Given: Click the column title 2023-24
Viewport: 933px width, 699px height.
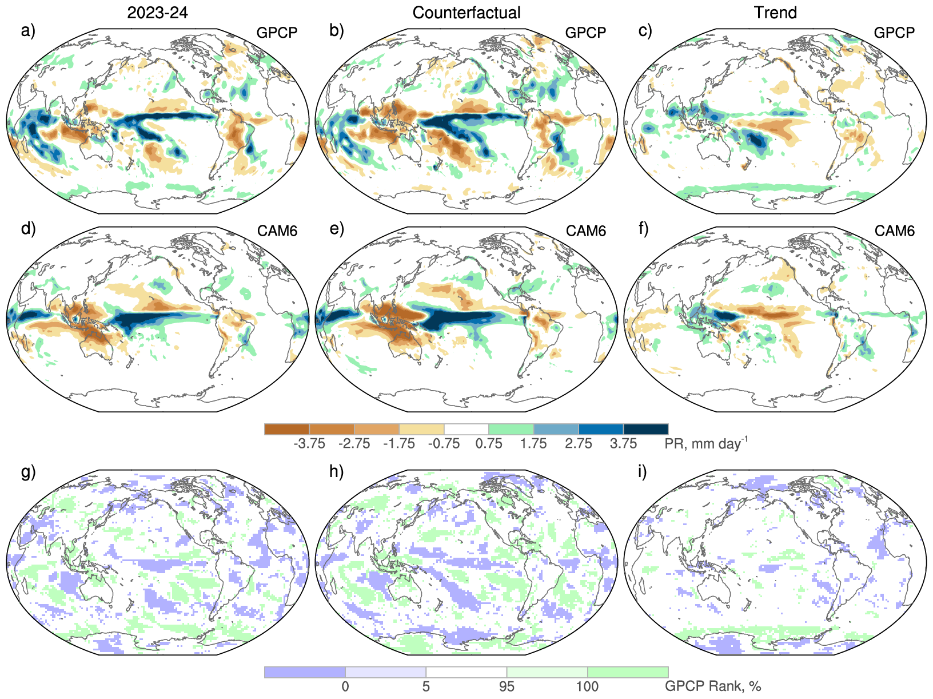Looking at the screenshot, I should click(157, 13).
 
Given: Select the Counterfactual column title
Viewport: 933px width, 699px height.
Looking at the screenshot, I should click(466, 13).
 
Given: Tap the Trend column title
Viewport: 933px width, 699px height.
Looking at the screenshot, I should click(775, 13).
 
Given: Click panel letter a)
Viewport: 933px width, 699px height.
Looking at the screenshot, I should click(28, 30).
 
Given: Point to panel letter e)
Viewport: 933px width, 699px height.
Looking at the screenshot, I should click(337, 229).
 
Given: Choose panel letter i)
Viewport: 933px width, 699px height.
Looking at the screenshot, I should click(643, 472).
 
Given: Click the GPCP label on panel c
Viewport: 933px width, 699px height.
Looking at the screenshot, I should click(894, 33).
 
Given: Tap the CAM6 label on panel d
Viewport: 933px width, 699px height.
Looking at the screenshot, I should click(277, 231).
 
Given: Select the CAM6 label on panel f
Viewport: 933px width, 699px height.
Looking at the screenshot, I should click(895, 231).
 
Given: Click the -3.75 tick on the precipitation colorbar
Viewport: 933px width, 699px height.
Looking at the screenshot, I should click(309, 444).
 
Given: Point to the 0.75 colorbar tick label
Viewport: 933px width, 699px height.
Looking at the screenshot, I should click(489, 444).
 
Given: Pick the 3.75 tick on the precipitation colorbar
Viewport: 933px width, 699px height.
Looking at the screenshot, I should click(623, 444).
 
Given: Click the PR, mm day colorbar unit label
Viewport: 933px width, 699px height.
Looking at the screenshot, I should click(705, 443).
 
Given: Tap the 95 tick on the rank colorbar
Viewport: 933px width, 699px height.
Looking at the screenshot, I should click(507, 686).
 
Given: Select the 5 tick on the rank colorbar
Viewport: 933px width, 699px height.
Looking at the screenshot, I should click(426, 686).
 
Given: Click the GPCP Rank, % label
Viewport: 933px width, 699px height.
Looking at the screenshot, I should click(712, 686).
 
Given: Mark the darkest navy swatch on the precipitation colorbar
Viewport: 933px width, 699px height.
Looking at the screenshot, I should click(645, 429).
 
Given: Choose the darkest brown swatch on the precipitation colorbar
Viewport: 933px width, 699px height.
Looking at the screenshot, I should click(287, 429).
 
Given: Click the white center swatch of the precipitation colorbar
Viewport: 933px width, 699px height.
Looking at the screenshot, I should click(466, 429).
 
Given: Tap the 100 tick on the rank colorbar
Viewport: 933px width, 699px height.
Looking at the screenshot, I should click(588, 686).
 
